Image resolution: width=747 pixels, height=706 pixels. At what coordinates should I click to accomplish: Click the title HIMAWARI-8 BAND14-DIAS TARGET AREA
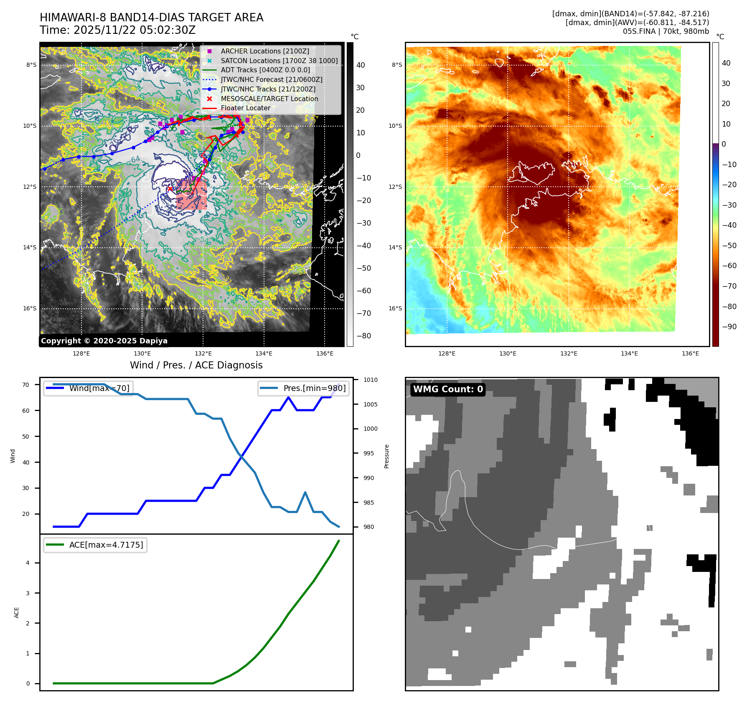coord(151,18)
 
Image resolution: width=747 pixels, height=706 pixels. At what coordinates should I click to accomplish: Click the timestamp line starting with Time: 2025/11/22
coord(117,30)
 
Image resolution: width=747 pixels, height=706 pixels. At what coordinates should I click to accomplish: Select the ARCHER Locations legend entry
coord(265,51)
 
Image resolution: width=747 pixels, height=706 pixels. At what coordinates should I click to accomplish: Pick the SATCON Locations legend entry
coord(279,61)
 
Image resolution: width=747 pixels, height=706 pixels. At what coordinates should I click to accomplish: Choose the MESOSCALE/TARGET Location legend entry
coord(269,99)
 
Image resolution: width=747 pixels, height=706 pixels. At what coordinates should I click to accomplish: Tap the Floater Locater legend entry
coord(245,108)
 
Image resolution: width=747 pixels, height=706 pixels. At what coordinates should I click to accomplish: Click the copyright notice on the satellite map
coord(104,341)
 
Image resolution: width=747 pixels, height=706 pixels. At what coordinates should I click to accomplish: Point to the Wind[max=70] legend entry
coord(99,388)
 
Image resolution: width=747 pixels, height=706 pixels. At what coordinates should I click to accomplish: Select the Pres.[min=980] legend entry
coord(314,388)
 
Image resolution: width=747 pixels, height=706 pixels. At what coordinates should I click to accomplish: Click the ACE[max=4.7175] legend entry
coord(106,545)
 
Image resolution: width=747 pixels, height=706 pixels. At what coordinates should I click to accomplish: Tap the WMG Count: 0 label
coord(448,389)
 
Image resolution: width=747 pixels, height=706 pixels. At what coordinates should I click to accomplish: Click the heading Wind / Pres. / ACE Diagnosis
coord(196,365)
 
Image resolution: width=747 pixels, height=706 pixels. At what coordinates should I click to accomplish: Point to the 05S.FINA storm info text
coord(666,31)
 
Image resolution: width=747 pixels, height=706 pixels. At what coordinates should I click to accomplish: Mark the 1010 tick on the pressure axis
coord(370,380)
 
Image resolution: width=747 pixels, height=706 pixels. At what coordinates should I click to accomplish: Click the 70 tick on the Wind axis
coord(26,385)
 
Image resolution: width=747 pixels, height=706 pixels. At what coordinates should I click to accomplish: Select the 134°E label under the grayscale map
coord(264,353)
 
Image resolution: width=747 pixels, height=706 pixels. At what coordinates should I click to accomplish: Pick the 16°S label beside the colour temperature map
coord(395,308)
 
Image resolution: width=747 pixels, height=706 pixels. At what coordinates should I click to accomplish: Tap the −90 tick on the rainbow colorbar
coord(729,327)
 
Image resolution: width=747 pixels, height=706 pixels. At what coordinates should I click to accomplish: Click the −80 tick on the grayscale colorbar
coord(363,336)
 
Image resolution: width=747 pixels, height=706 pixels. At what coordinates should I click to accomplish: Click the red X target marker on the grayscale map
coord(170,189)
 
